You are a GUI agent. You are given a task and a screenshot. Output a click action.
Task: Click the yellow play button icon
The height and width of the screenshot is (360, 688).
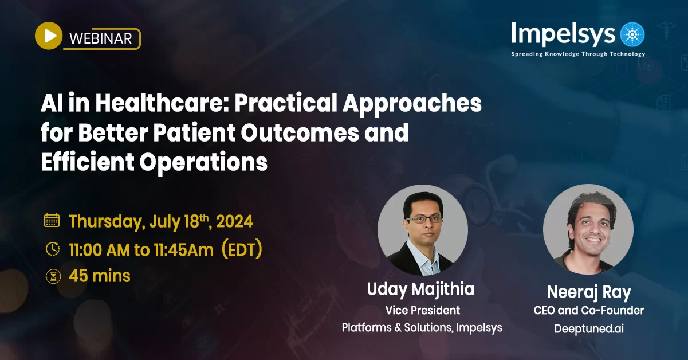tap(49, 36)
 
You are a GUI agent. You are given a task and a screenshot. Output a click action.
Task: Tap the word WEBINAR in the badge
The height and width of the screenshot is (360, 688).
tap(100, 38)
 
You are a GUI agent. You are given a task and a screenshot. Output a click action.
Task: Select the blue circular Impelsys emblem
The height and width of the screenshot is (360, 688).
tap(632, 34)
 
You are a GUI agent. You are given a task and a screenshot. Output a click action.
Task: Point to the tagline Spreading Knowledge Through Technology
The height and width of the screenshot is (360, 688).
tap(578, 54)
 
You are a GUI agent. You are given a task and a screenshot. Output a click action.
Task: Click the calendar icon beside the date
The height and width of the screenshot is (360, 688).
tap(52, 221)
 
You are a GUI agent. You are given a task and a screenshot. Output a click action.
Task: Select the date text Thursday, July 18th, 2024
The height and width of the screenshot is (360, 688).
tap(161, 221)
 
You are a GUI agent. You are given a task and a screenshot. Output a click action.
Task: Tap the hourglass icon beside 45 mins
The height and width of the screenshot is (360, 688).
tap(52, 276)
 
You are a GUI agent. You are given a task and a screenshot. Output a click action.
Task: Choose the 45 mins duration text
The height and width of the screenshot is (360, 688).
tap(100, 276)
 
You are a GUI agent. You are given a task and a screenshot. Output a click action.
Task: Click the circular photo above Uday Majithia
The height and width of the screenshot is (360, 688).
tap(423, 230)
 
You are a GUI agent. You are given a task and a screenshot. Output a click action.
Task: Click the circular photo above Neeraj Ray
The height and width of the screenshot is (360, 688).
tap(588, 229)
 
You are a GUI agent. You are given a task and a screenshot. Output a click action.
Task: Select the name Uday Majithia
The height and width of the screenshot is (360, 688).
tap(420, 289)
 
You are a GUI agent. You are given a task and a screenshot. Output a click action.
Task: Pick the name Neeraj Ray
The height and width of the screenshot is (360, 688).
tap(588, 292)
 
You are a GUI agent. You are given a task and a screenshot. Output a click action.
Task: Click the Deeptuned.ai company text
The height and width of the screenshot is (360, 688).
tap(588, 329)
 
